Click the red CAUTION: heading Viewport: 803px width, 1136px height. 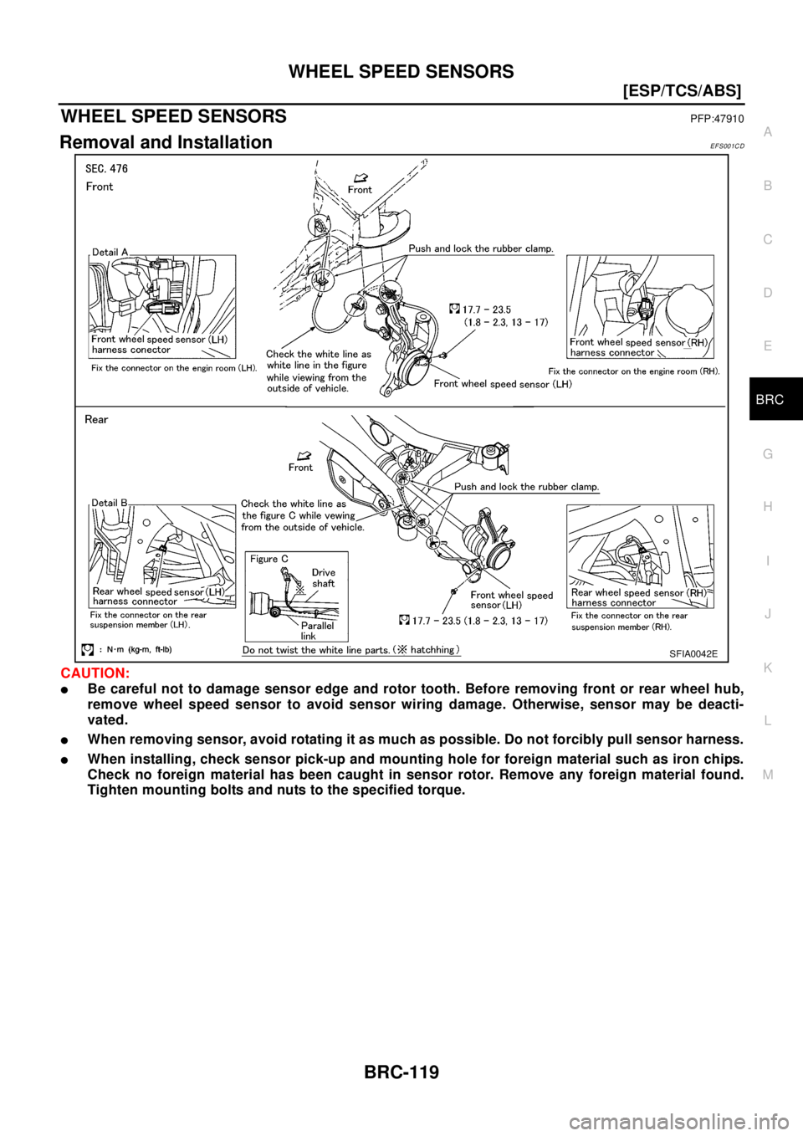[x=95, y=673]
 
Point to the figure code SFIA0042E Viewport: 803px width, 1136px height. [x=693, y=653]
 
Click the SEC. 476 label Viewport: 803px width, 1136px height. [x=106, y=168]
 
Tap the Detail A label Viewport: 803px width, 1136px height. [x=110, y=252]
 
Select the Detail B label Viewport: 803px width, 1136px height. [x=110, y=503]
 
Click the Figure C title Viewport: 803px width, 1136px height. [x=269, y=559]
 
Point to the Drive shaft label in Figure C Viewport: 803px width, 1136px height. [x=324, y=578]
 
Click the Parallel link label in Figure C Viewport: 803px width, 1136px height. [x=317, y=631]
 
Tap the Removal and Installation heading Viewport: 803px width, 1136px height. [x=166, y=142]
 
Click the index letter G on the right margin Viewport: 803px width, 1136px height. [x=768, y=453]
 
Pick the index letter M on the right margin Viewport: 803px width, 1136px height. [x=768, y=775]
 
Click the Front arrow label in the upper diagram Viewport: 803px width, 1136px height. [x=360, y=184]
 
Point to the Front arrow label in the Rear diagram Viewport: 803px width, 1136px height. [x=300, y=462]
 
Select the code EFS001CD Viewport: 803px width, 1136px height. [x=727, y=146]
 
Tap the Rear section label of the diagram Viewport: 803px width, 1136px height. [x=96, y=419]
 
